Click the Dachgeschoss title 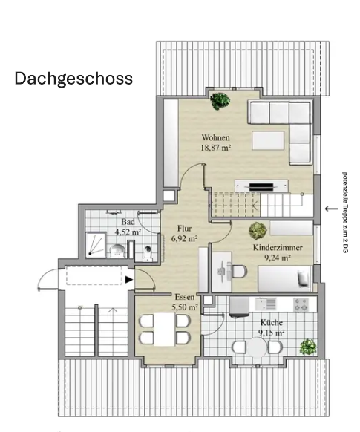(73, 79)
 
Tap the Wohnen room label (215, 137)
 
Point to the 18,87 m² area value (215, 148)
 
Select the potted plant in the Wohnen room (218, 99)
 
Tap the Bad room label (127, 222)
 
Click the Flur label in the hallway (183, 229)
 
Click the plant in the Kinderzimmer (258, 230)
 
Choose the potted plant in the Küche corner (307, 346)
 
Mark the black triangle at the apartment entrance (129, 280)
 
